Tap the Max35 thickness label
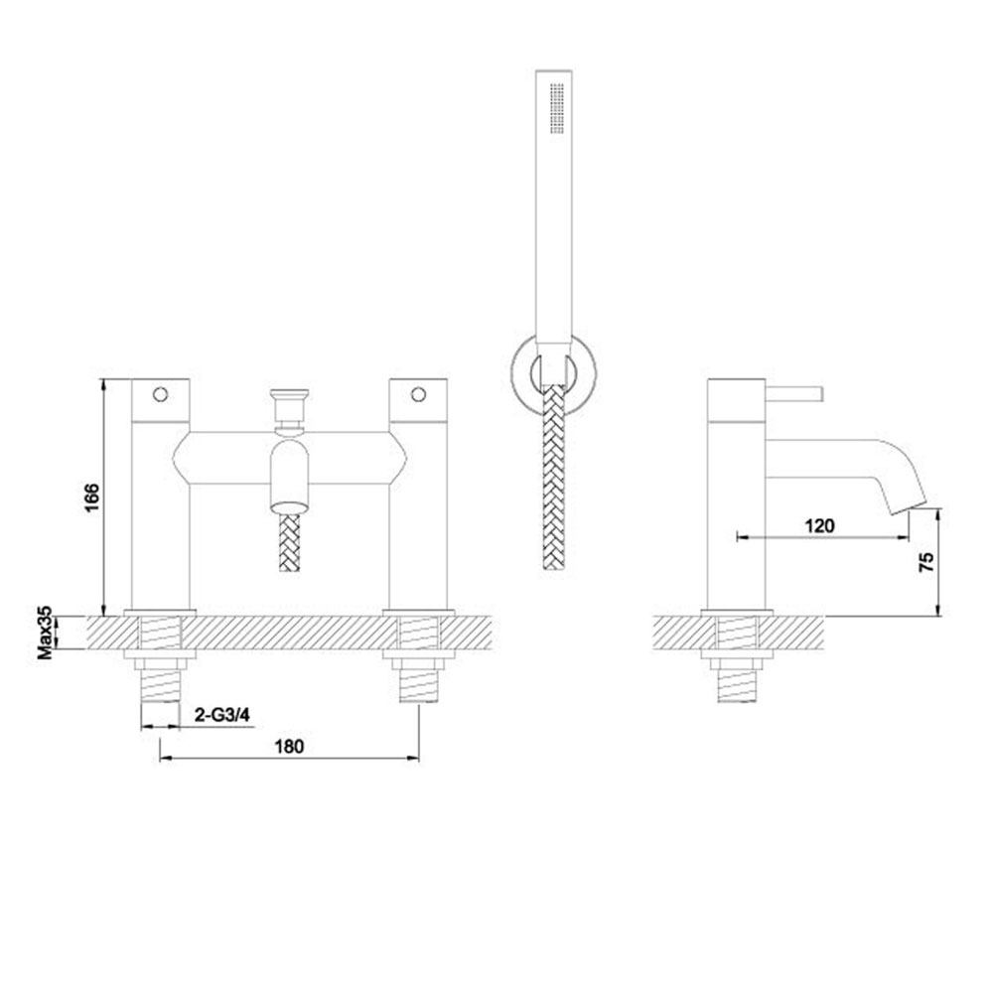45,634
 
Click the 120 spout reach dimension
820,525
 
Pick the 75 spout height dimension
925,562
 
